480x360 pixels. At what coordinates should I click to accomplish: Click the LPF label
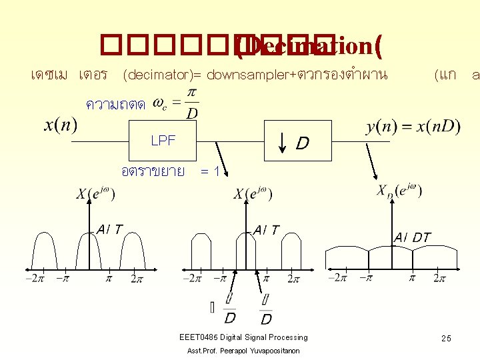click(163, 141)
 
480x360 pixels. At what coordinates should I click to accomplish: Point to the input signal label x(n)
click(60, 125)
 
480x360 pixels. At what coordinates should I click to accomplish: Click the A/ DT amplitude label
click(412, 237)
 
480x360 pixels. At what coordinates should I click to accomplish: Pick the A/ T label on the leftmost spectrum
click(109, 229)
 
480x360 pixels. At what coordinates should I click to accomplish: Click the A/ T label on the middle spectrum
click(267, 229)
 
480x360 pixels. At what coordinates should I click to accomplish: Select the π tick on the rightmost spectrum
click(411, 277)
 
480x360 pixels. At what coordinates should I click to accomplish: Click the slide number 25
click(445, 339)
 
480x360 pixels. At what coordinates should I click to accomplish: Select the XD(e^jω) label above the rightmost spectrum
click(399, 191)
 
